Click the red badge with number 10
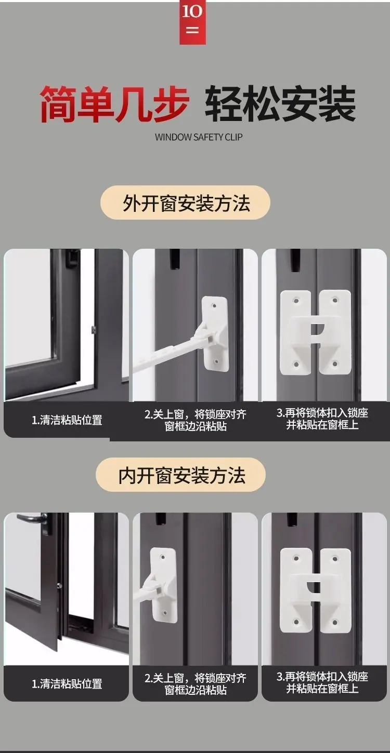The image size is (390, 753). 192,22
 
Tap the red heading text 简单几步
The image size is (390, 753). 114,104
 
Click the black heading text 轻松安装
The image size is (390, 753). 280,104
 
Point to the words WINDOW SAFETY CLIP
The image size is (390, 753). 199,137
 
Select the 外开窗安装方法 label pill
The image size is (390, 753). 186,203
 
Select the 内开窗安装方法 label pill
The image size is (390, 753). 180,475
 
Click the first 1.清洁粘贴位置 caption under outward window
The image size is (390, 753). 67,420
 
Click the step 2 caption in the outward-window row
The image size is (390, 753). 196,420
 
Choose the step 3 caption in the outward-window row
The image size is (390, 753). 322,419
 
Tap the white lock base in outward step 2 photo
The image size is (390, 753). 215,334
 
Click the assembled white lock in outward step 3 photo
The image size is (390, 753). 315,333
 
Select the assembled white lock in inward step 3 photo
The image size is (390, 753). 315,591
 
